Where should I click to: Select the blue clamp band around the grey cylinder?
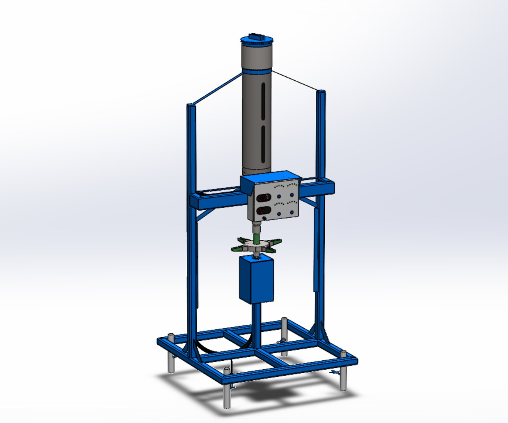click(257, 72)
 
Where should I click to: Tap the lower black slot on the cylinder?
click(263, 143)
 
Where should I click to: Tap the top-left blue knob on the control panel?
click(279, 197)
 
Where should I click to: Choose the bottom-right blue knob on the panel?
click(292, 212)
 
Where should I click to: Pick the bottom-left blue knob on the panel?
click(279, 213)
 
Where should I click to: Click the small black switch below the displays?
click(265, 218)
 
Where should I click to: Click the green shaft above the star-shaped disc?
click(256, 237)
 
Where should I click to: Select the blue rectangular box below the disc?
click(256, 279)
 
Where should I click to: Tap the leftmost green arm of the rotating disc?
click(236, 248)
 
